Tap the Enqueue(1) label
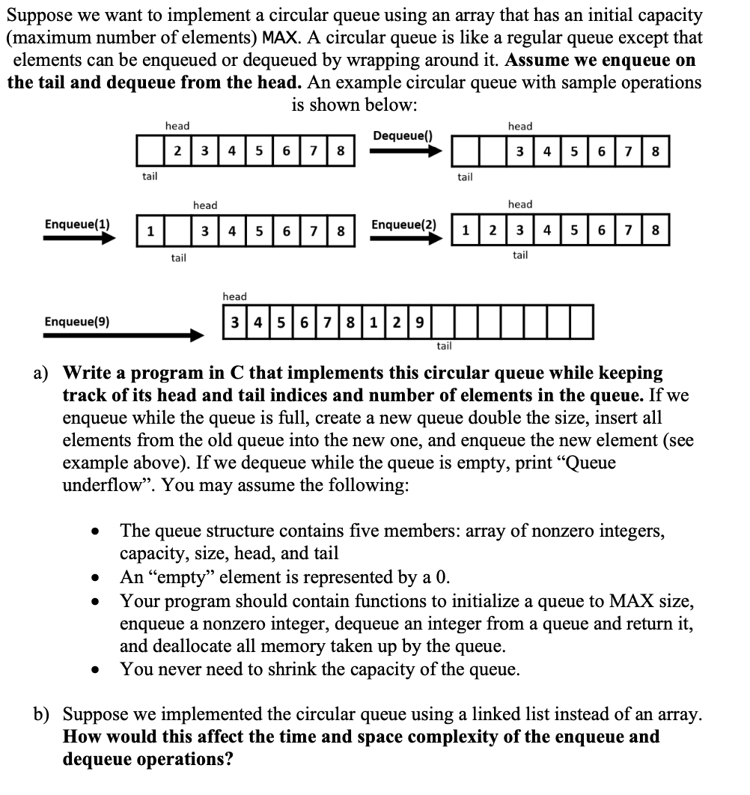(77, 224)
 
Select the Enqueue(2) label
(403, 225)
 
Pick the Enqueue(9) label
(77, 322)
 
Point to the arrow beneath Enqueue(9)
(124, 335)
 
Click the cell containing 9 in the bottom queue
(420, 323)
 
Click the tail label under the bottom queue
(444, 346)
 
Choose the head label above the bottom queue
(234, 297)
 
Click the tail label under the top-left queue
(150, 177)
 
